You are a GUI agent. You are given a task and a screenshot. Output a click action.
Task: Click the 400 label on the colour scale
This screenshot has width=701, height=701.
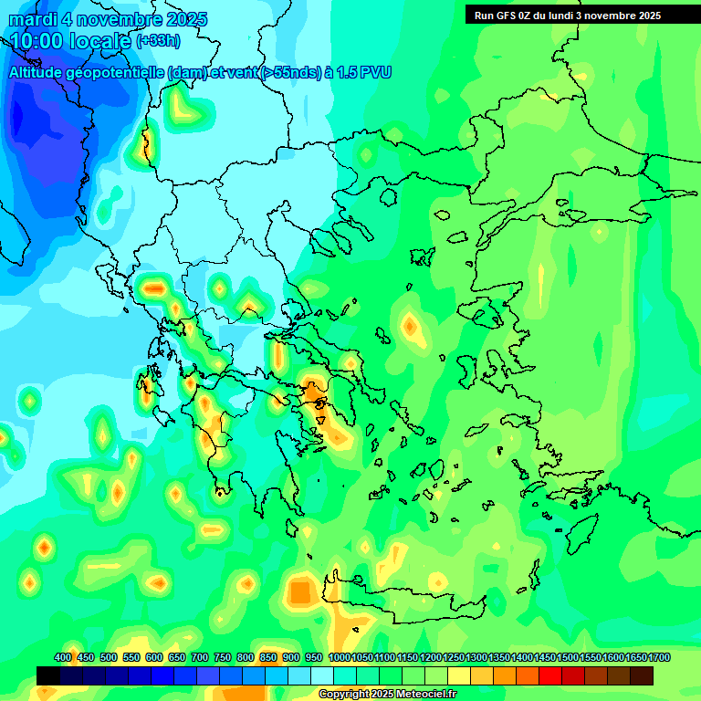(x=63, y=657)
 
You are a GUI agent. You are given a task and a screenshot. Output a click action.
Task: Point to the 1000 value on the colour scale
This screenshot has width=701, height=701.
(x=340, y=657)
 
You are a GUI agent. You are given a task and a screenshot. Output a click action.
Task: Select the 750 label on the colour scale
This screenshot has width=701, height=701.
(x=223, y=657)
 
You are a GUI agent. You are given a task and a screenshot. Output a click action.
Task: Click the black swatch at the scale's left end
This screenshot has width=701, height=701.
(x=48, y=675)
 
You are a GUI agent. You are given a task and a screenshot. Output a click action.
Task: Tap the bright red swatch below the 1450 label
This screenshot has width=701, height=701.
(x=550, y=675)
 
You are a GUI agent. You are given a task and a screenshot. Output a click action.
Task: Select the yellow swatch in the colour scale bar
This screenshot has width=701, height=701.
(x=459, y=675)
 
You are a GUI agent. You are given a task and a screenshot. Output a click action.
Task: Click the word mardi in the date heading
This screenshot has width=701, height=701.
(x=33, y=19)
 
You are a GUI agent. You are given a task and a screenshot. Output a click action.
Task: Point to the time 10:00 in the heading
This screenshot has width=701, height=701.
(x=37, y=40)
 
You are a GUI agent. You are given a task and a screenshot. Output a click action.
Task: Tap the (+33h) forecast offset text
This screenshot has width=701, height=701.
(x=158, y=41)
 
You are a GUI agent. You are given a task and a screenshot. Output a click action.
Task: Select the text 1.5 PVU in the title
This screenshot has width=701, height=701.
(x=364, y=72)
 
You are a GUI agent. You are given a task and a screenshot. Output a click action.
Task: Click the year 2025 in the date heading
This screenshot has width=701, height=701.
(x=183, y=19)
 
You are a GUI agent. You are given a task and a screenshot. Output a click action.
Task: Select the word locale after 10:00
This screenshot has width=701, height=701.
(x=100, y=40)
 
